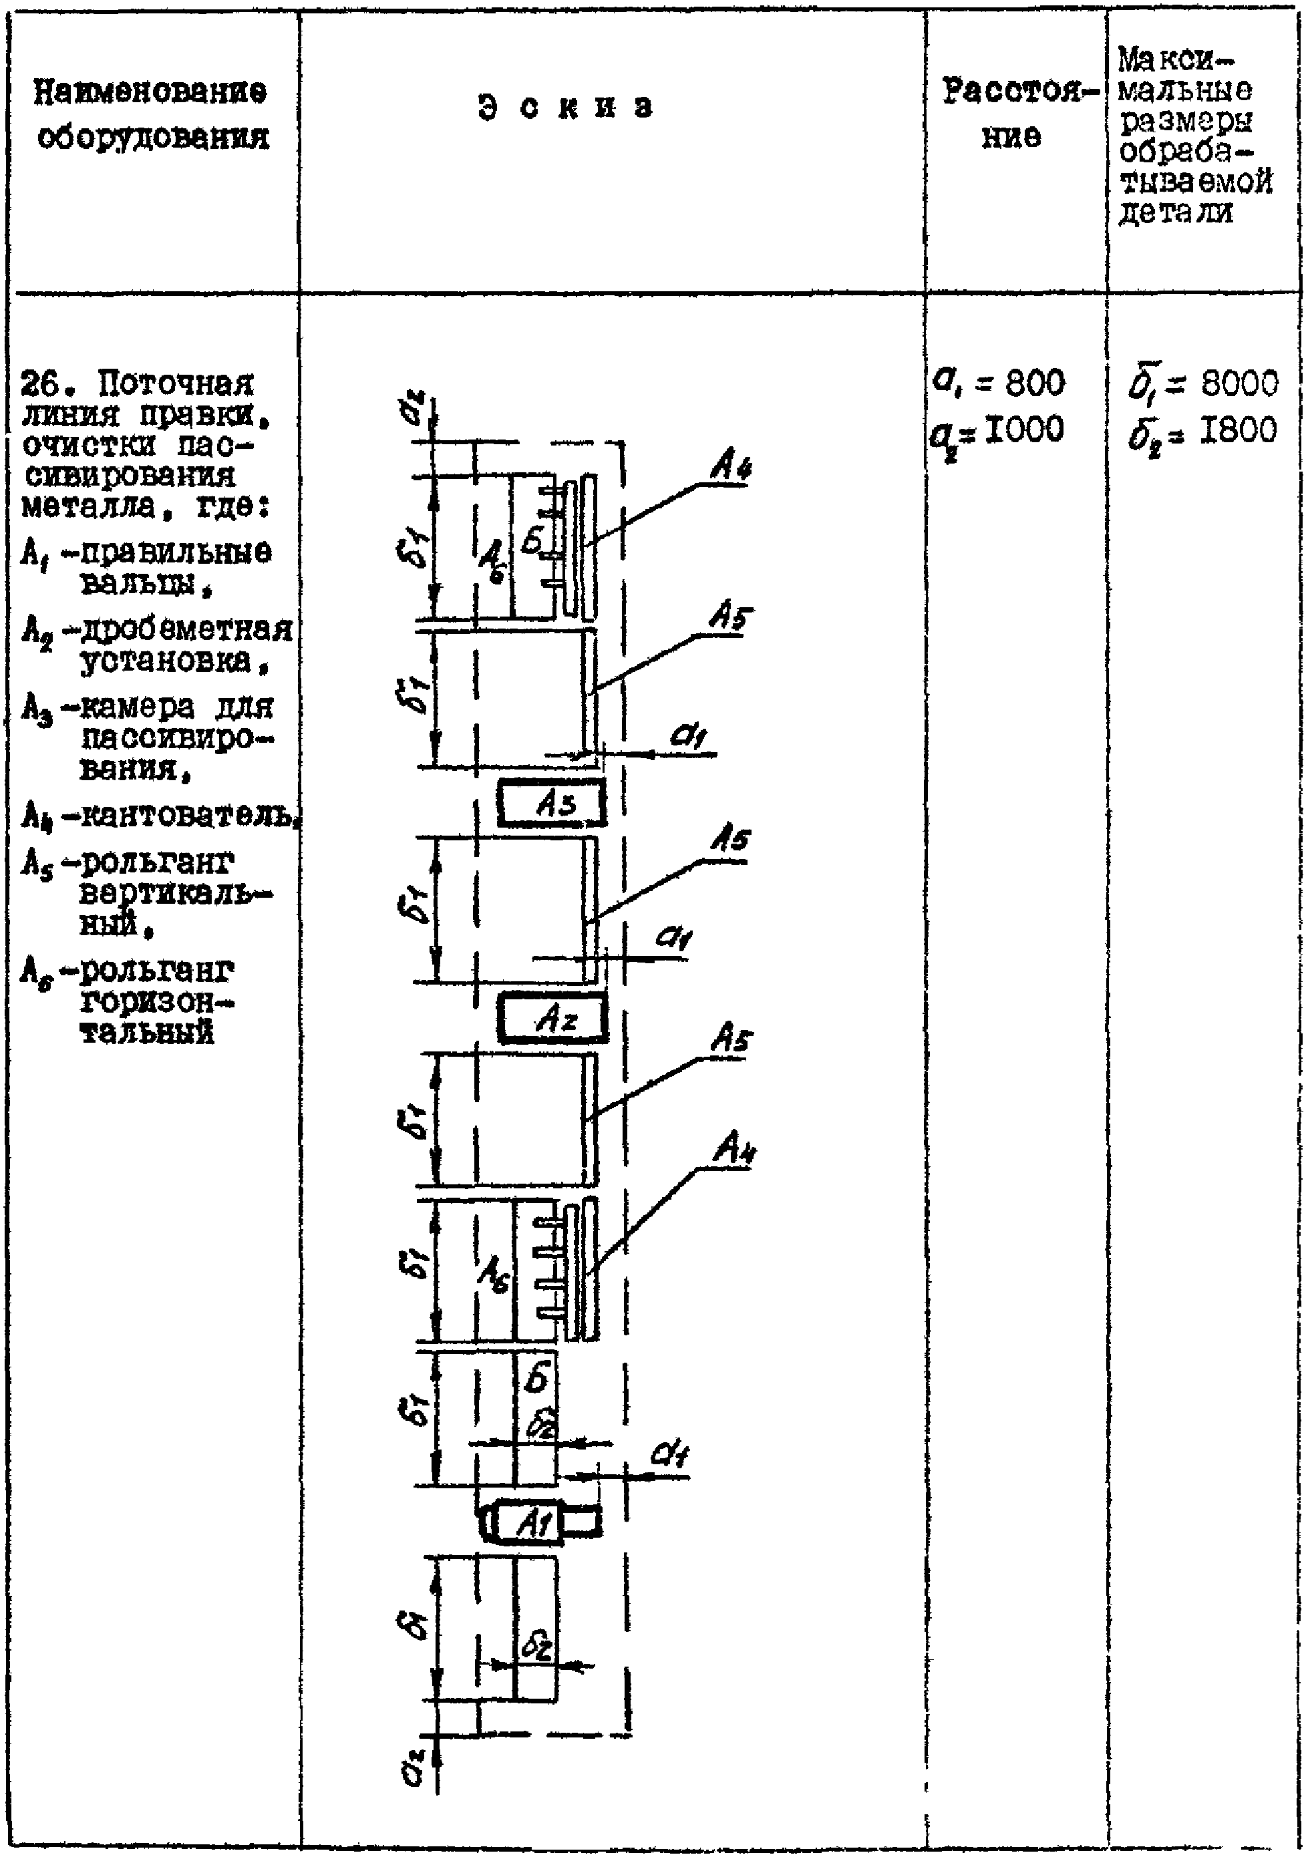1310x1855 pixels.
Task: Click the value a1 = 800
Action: click(999, 381)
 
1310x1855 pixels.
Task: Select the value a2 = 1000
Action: click(997, 431)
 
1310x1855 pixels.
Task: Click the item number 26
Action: click(39, 381)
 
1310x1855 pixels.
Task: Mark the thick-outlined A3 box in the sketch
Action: click(552, 803)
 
